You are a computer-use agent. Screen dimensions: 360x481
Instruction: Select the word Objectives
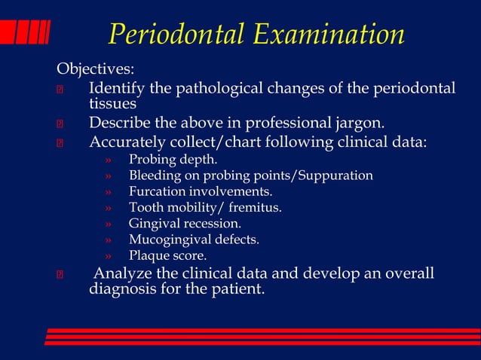tap(95, 70)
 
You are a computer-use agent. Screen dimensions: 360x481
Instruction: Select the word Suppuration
tap(335, 175)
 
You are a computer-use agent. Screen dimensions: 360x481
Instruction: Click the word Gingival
tap(155, 223)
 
